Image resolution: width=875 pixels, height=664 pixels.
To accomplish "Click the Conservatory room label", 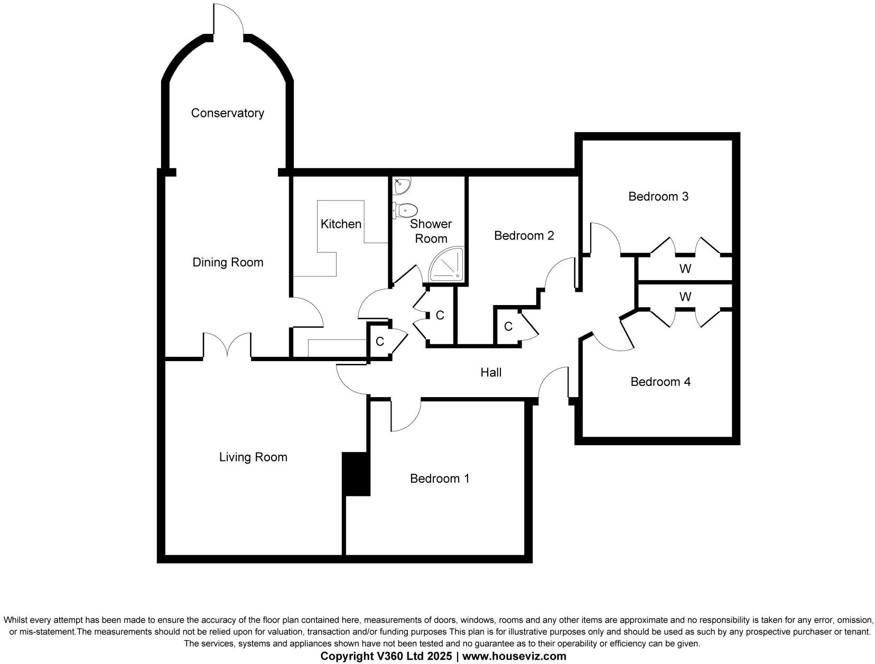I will [227, 113].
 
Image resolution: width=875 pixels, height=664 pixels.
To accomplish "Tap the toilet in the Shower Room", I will [406, 210].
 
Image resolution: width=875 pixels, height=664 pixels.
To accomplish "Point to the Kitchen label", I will [341, 224].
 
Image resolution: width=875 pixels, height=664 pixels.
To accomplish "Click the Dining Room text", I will [228, 263].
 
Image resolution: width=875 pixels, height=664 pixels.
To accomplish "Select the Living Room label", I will [253, 457].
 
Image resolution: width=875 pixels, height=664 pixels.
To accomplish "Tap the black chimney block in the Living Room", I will [356, 474].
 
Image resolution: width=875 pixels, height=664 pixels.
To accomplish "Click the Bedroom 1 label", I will [440, 479].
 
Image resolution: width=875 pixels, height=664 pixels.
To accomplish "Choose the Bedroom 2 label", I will [524, 236].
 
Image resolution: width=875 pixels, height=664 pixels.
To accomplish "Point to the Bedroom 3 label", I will [658, 197].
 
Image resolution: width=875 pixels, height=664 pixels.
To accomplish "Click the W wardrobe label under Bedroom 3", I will [685, 269].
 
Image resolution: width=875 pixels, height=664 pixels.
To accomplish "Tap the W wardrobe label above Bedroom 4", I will [685, 297].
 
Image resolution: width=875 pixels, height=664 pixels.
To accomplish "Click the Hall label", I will [491, 373].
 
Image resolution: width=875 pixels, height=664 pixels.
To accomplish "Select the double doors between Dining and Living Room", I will [227, 346].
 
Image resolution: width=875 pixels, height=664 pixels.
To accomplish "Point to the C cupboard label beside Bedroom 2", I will [508, 327].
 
